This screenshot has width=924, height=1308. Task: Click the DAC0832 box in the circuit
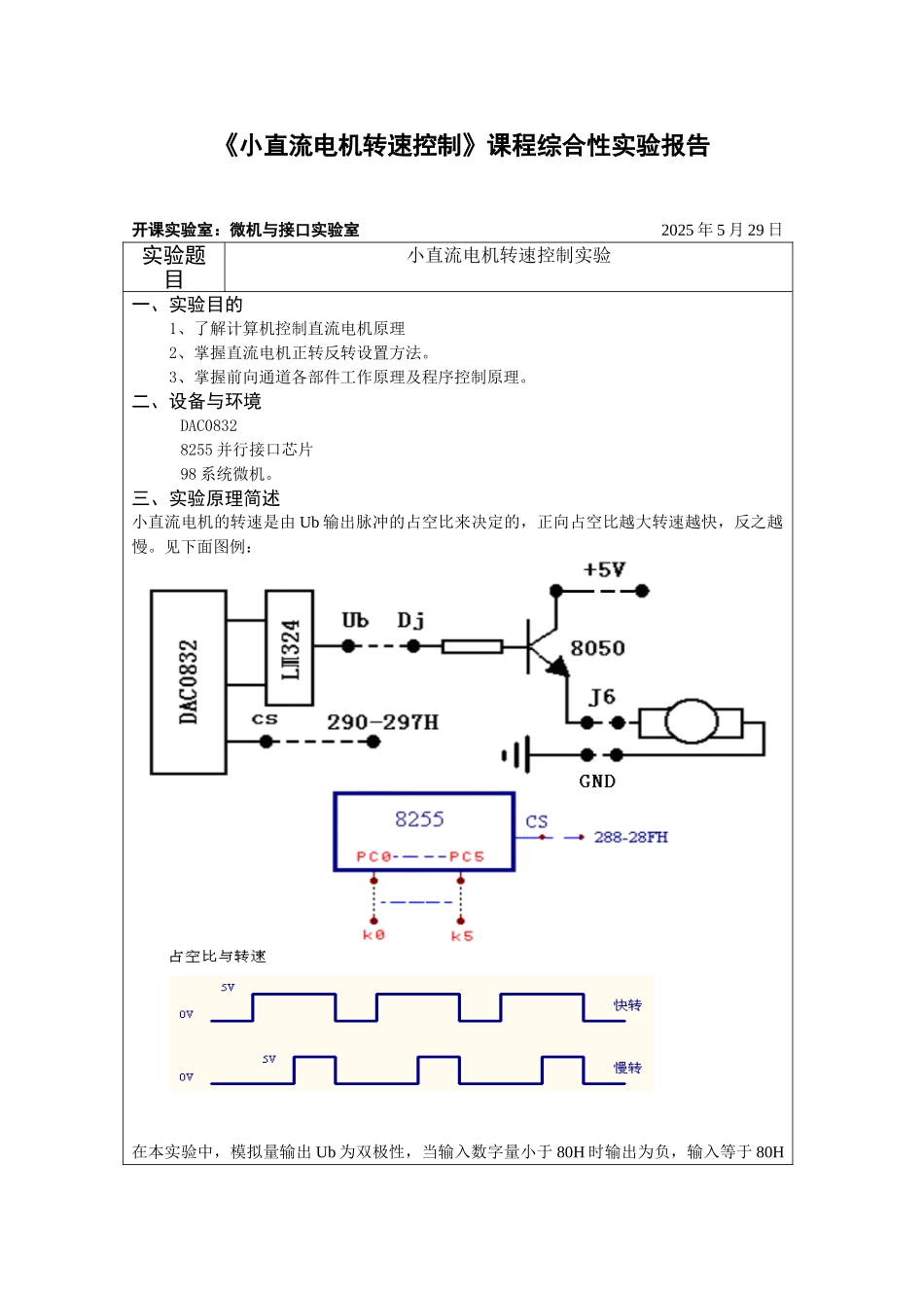coord(189,681)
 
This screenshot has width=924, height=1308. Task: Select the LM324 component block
coord(290,648)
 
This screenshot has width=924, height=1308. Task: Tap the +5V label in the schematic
coord(604,570)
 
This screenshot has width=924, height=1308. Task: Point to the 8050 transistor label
coord(597,648)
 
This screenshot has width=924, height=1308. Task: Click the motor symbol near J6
coord(692,722)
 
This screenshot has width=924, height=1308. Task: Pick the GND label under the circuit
coord(597,781)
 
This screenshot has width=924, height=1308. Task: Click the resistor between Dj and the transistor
coord(473,646)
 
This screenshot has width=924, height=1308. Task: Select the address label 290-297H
coord(382,722)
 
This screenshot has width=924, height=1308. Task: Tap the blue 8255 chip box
coord(424,831)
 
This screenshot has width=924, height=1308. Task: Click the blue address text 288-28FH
coord(630,837)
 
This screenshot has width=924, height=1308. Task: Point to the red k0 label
coord(373,934)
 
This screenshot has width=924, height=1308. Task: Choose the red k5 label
coord(462,935)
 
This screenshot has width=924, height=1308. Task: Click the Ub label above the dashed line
coord(355,620)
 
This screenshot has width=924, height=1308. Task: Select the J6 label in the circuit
coord(602,697)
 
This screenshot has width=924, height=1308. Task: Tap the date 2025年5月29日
coord(722,230)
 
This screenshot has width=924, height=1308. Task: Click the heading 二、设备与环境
coord(196,401)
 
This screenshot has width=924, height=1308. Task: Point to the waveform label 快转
coord(627,1005)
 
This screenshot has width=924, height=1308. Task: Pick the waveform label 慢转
coord(627,1068)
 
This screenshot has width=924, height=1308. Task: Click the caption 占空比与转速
coord(218,957)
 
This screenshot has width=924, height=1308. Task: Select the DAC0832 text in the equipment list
coord(208,425)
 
